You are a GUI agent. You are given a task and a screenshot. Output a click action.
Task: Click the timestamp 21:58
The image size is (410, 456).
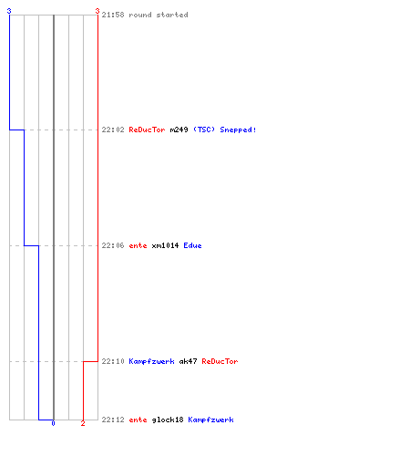pyautogui.click(x=113, y=15)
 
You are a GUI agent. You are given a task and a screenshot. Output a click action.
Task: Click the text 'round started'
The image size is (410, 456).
pyautogui.click(x=159, y=15)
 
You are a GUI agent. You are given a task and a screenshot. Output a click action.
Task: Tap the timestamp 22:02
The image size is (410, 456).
pyautogui.click(x=113, y=130)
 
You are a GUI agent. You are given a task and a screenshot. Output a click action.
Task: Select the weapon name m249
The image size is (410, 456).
pyautogui.click(x=179, y=130)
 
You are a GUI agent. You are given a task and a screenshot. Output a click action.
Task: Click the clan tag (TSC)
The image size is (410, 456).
pyautogui.click(x=204, y=130)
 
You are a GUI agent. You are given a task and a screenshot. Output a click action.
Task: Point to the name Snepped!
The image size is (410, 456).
pyautogui.click(x=238, y=130)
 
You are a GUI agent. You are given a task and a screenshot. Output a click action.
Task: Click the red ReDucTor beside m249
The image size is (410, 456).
pyautogui.click(x=147, y=130)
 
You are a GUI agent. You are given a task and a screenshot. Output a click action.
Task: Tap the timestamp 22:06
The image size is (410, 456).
pyautogui.click(x=113, y=245)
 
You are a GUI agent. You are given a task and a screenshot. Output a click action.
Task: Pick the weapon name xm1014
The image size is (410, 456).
pyautogui.click(x=165, y=245)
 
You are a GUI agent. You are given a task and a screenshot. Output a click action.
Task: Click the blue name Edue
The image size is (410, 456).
pyautogui.click(x=192, y=245)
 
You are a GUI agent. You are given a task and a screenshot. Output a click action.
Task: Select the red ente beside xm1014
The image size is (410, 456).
pyautogui.click(x=138, y=245)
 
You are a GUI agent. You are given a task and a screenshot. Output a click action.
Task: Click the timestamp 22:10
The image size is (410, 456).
pyautogui.click(x=113, y=361)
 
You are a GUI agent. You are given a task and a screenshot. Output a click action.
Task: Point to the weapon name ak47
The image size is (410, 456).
pyautogui.click(x=188, y=361)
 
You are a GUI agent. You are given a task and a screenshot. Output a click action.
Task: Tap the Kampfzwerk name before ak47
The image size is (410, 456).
pyautogui.click(x=151, y=361)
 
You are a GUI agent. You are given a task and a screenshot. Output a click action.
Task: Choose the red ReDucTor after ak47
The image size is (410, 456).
pyautogui.click(x=220, y=361)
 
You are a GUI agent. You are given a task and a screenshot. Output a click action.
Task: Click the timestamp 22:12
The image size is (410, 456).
pyautogui.click(x=113, y=420)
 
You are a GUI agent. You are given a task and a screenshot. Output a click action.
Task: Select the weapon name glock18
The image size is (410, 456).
pyautogui.click(x=168, y=420)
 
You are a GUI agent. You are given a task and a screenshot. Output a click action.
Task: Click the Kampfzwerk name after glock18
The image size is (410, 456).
pyautogui.click(x=210, y=420)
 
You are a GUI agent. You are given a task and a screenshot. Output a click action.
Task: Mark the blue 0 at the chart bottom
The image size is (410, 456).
pyautogui.click(x=53, y=423)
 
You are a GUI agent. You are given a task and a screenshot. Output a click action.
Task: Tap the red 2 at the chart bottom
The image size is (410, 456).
pyautogui.click(x=83, y=423)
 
